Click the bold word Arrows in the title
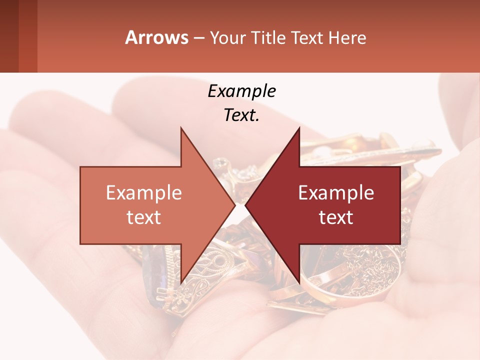point(157,37)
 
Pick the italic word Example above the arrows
point(241,91)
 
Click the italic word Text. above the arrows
point(241,115)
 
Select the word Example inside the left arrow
point(144,192)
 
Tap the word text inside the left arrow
point(144,217)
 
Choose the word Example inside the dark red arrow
point(336,192)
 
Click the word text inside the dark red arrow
point(336,217)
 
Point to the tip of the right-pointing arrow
point(235,205)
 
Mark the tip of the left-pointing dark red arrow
point(245,205)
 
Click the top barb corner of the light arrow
point(181,128)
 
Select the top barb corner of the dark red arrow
point(299,128)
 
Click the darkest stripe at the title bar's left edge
point(9,36)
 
